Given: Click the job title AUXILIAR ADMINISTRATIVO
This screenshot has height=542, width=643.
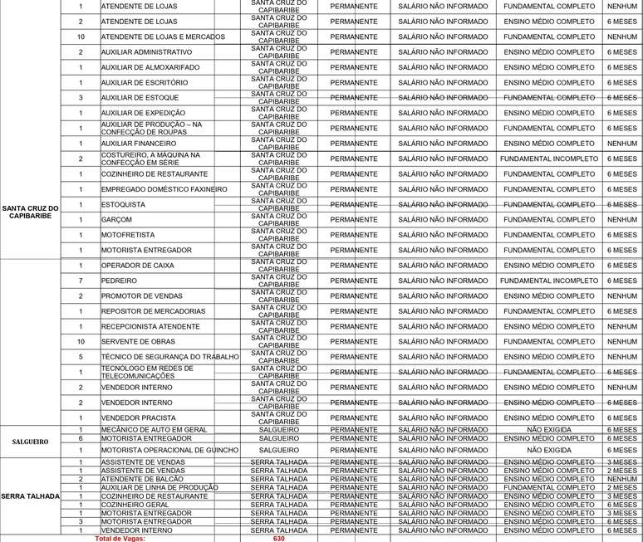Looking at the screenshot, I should pos(146,52).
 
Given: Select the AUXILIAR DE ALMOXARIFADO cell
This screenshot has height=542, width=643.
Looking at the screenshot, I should pos(150,67).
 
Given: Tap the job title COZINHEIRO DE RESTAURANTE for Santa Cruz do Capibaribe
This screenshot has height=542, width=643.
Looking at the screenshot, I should pos(155,174).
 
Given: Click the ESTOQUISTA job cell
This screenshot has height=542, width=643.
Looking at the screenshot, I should pos(122,204).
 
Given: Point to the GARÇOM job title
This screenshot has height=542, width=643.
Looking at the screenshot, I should pos(117,220).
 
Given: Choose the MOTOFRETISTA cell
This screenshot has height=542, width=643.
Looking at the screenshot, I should pos(128,235).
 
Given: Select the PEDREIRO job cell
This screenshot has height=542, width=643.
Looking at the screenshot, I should pos(120,281).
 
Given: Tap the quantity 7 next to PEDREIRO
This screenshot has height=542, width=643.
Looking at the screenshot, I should pos(81,281).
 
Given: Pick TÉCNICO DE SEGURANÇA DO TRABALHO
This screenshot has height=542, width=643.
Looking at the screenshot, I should pos(169,357).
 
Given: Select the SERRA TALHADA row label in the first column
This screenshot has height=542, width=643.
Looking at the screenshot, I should pos(30,496).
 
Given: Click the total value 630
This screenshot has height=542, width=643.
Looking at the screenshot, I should pos(278,538).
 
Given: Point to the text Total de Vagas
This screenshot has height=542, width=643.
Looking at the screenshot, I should pos(120,538).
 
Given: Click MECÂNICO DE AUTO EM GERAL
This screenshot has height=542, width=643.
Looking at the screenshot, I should pos(155,429).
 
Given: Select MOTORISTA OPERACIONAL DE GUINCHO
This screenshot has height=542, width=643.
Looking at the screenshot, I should pos(169,450).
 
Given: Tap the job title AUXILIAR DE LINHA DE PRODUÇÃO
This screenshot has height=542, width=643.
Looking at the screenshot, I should pos(160,487).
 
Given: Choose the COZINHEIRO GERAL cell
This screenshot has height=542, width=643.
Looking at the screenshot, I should pos(135,505).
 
